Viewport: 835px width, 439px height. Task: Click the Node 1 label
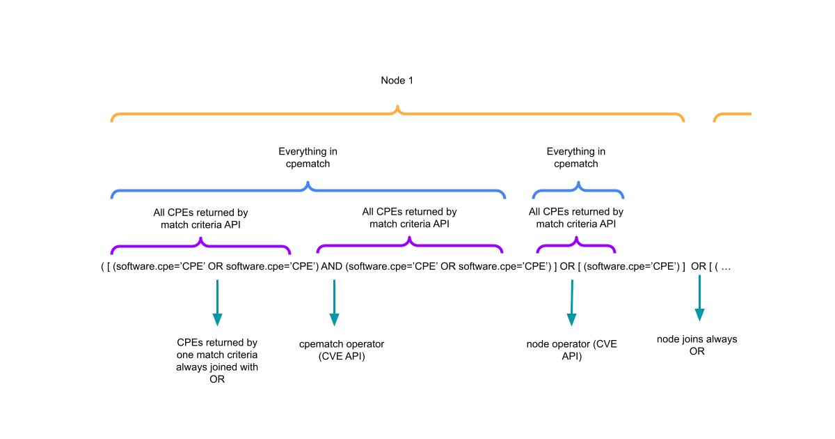click(397, 80)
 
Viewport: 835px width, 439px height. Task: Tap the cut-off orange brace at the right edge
click(732, 115)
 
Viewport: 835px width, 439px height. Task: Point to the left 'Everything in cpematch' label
click(308, 157)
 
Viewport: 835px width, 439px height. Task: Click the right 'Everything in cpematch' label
click(575, 157)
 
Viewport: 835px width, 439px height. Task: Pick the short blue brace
click(578, 190)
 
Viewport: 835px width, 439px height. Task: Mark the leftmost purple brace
click(200, 245)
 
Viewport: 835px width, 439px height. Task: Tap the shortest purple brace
click(576, 245)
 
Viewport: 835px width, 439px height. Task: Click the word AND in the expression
click(332, 267)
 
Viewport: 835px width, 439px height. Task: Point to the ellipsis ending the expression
click(725, 267)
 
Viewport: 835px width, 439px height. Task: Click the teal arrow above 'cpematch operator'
click(334, 302)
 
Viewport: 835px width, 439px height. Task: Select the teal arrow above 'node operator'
click(571, 302)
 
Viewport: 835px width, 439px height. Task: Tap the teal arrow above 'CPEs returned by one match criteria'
click(217, 302)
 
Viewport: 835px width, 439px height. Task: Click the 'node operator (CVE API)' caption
click(571, 350)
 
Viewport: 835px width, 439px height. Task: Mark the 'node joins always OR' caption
click(697, 345)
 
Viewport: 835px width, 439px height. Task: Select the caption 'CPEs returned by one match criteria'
click(217, 361)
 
